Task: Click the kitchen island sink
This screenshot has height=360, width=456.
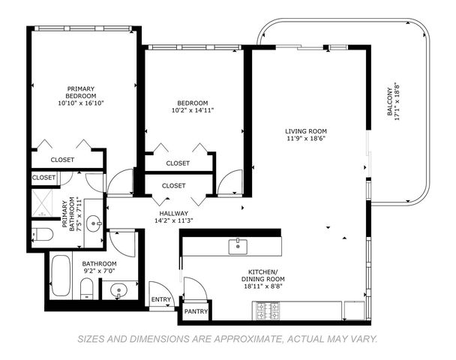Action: coord(238,245)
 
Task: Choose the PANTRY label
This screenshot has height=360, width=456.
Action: coord(196,311)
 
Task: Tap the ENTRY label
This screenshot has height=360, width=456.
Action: coord(160,299)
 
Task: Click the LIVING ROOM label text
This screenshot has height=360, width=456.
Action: coord(306,131)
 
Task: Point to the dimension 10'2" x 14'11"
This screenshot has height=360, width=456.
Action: coord(193,112)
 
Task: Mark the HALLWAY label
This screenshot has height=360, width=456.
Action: coord(172,213)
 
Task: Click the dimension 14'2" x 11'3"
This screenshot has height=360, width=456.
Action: coord(173,220)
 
